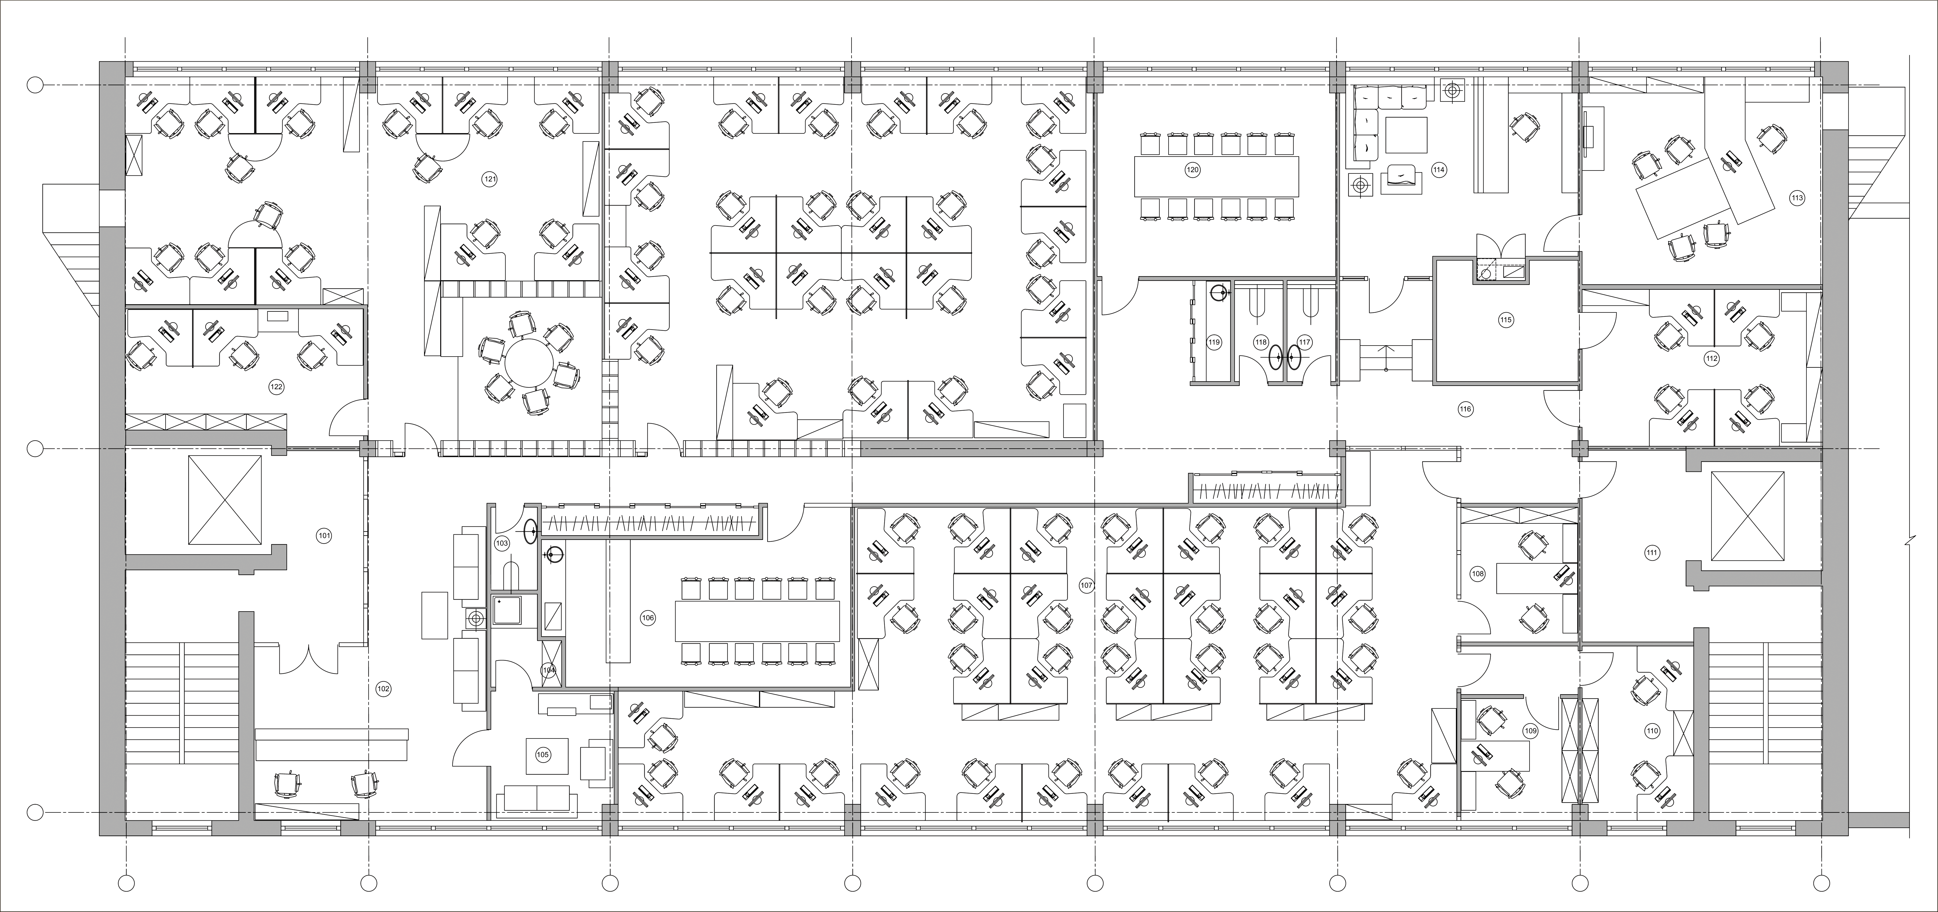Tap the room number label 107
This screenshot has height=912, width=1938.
tap(1086, 586)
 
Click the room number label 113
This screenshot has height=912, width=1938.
tap(1797, 199)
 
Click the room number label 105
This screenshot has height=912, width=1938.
tap(542, 755)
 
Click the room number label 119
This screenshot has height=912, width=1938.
tap(1214, 342)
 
